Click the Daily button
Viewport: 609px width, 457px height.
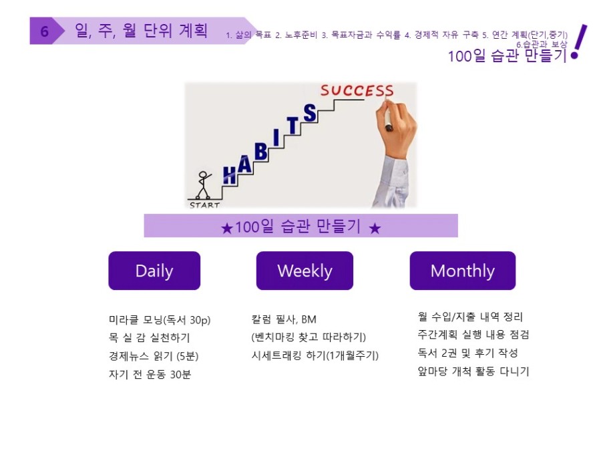pyautogui.click(x=154, y=271)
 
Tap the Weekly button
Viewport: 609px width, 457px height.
pyautogui.click(x=304, y=271)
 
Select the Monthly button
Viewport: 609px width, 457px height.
pyautogui.click(x=463, y=271)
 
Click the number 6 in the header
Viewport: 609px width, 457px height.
pyautogui.click(x=44, y=31)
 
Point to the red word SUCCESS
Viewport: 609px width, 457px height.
pyautogui.click(x=357, y=91)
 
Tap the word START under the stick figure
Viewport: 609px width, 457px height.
pyautogui.click(x=205, y=205)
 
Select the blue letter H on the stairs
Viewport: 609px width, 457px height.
pyautogui.click(x=230, y=175)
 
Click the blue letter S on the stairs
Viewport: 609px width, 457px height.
pyautogui.click(x=310, y=113)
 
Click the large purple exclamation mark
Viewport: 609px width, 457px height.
pyautogui.click(x=578, y=42)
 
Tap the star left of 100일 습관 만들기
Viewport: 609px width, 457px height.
pyautogui.click(x=226, y=228)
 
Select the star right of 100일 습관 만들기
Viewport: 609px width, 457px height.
pyautogui.click(x=375, y=228)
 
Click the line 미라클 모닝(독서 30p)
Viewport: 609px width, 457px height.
pyautogui.click(x=160, y=320)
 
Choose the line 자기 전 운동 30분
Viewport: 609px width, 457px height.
pyautogui.click(x=150, y=374)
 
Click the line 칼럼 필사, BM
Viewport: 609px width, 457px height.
pyautogui.click(x=284, y=319)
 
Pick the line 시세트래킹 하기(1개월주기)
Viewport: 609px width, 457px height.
pyautogui.click(x=315, y=355)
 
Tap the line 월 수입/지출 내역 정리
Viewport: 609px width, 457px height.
pyautogui.click(x=470, y=316)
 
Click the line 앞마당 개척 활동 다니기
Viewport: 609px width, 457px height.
pyautogui.click(x=473, y=371)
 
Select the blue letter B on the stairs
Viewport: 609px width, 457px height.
pyautogui.click(x=261, y=152)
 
